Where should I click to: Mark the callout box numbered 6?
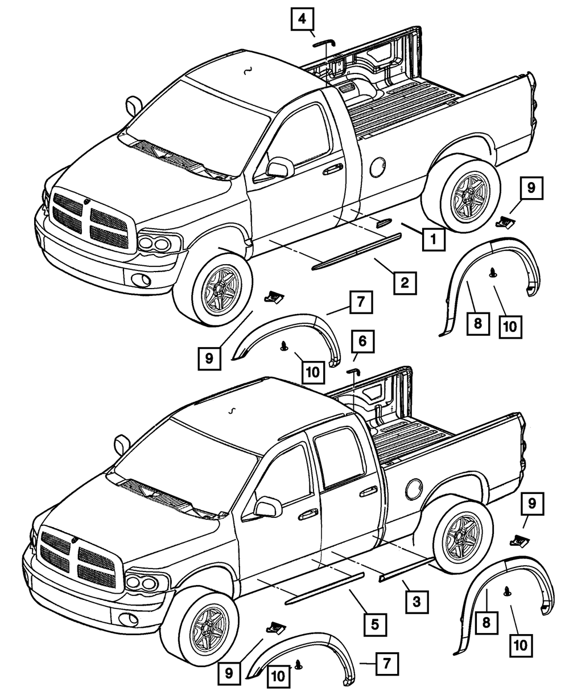click(362, 341)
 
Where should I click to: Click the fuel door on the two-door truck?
click(377, 167)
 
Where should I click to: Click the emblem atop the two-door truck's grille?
click(86, 200)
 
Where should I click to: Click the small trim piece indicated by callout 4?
click(322, 42)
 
